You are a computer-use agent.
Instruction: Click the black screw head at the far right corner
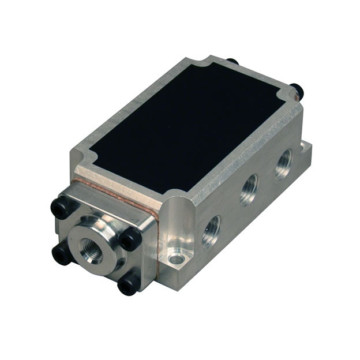pyautogui.click(x=297, y=91)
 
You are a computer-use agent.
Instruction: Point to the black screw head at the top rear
pyautogui.click(x=232, y=61)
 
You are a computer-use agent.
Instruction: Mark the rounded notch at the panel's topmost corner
pyautogui.click(x=200, y=64)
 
